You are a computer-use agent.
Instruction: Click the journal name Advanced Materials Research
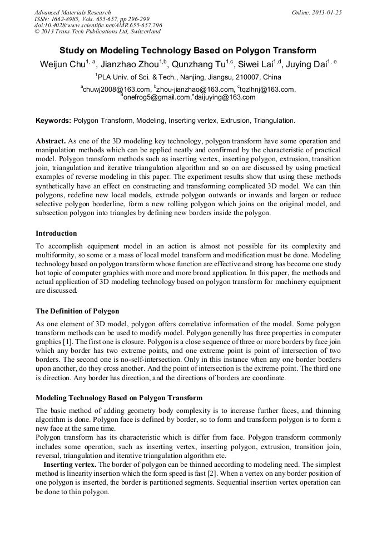click(x=72, y=12)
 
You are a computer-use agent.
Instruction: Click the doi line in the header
click(x=98, y=26)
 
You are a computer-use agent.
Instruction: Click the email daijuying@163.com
click(x=225, y=97)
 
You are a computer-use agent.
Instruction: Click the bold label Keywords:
click(x=53, y=120)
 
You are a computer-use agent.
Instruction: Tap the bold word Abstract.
click(x=51, y=141)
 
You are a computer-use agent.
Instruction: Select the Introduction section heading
click(x=56, y=233)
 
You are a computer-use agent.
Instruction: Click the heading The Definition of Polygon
click(x=77, y=311)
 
